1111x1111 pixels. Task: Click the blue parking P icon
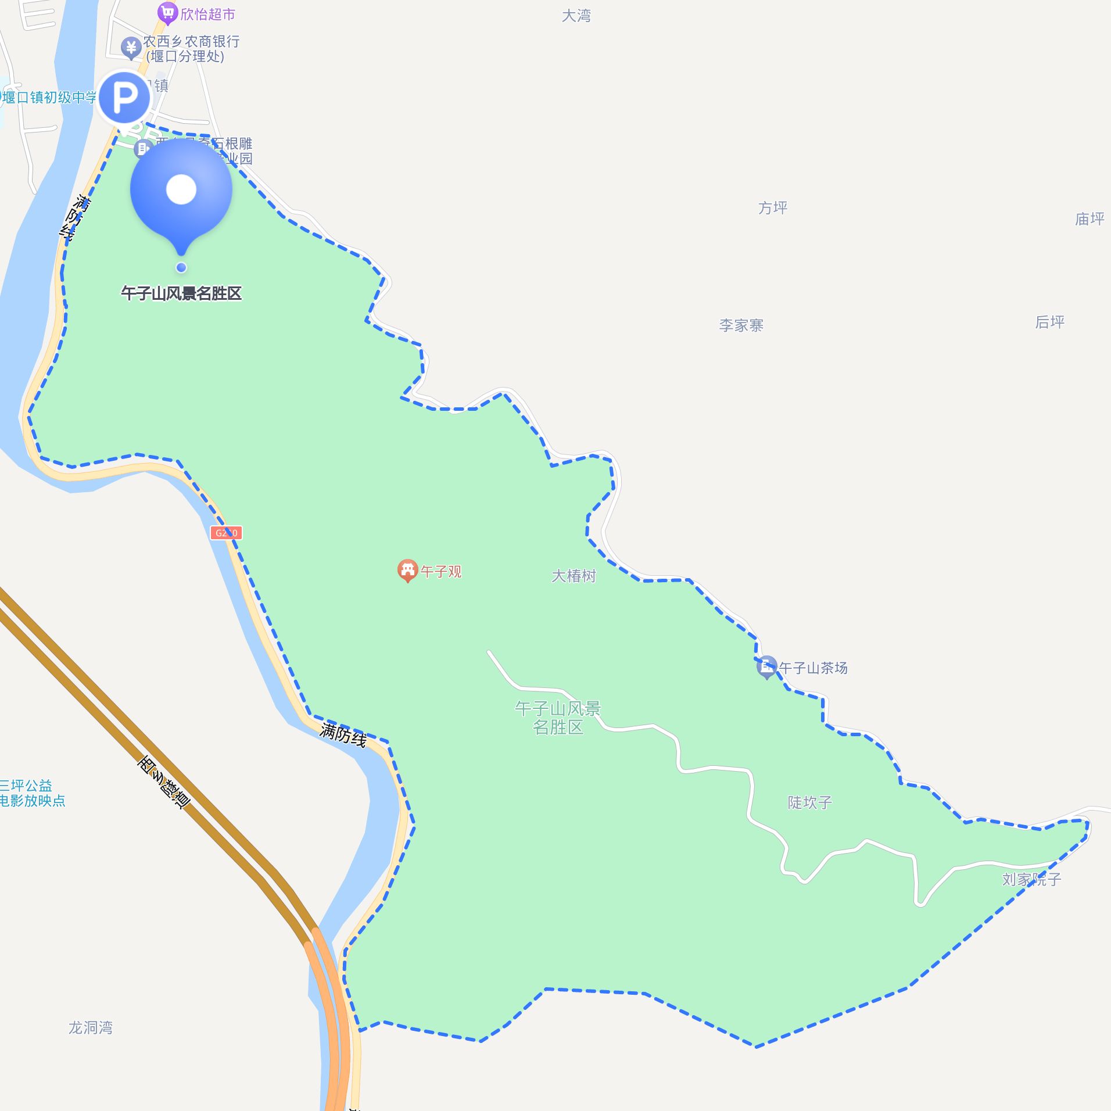[x=124, y=97]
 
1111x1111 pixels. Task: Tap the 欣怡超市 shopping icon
[x=167, y=12]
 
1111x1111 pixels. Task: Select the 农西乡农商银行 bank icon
[x=131, y=47]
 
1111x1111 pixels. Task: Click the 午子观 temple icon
[x=407, y=570]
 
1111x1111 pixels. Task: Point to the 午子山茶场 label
[x=813, y=668]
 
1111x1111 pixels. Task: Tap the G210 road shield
[x=226, y=532]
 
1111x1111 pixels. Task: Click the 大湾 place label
[x=576, y=16]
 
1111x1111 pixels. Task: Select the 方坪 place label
[x=772, y=207]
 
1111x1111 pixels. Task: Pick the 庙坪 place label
[x=1089, y=218]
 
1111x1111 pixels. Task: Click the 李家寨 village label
[x=741, y=325]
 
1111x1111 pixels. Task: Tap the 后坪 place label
[x=1049, y=321]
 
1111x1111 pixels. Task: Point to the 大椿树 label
[x=574, y=575]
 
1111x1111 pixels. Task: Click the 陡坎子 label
[x=809, y=802]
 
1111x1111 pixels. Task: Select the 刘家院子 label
[x=1031, y=879]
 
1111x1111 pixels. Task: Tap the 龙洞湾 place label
[x=91, y=1027]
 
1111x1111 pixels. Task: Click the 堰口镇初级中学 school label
[x=49, y=97]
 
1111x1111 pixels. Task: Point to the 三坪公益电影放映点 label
[x=32, y=793]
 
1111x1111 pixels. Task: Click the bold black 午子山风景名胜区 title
[x=181, y=293]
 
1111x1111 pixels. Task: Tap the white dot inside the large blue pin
[x=181, y=189]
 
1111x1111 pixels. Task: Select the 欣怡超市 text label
[x=207, y=14]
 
